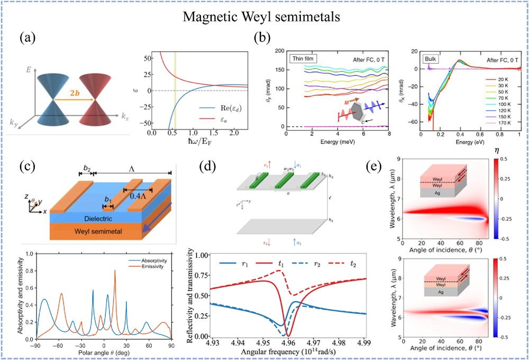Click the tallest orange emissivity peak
tap(115, 271)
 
